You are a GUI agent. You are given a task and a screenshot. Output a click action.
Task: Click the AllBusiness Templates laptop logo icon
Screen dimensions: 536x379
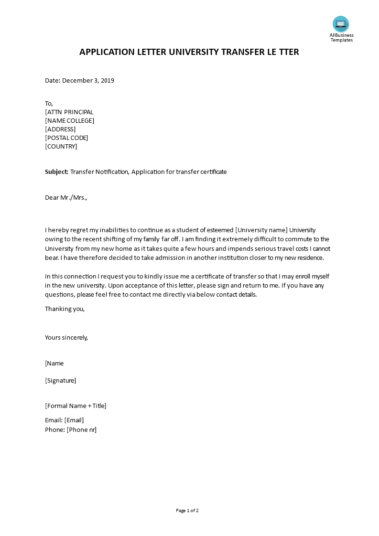[341, 24]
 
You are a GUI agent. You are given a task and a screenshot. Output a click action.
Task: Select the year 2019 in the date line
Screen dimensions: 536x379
[107, 80]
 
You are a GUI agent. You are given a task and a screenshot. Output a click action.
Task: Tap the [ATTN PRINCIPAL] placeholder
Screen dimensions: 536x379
[69, 112]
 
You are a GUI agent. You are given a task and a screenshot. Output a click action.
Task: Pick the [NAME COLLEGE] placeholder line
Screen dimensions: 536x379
[69, 120]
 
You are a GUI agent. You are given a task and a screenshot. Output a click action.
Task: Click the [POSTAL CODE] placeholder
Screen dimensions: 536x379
[66, 138]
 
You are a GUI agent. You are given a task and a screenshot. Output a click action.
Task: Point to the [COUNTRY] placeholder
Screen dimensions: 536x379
[61, 146]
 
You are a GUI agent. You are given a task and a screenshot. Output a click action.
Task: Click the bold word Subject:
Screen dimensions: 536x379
[57, 172]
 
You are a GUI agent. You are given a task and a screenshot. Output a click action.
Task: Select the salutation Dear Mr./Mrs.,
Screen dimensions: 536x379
[66, 197]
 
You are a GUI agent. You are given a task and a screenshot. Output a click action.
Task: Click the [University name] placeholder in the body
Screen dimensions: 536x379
[261, 230]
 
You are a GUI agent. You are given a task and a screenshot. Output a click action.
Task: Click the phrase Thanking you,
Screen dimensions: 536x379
[65, 309]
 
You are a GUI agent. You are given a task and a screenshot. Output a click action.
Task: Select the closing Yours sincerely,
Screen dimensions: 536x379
[66, 337]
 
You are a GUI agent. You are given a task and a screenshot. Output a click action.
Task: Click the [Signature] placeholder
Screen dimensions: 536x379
[60, 380]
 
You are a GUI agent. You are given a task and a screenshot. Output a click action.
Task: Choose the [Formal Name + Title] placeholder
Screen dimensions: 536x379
[76, 406]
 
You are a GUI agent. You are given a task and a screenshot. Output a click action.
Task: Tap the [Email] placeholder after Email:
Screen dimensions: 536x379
[74, 420]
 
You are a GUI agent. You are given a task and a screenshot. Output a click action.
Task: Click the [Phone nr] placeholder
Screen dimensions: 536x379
[82, 429]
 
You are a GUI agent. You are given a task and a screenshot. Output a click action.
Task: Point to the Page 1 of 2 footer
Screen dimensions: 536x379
[187, 510]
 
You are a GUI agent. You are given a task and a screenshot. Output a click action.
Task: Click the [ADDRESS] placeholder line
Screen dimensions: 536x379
[60, 129]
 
